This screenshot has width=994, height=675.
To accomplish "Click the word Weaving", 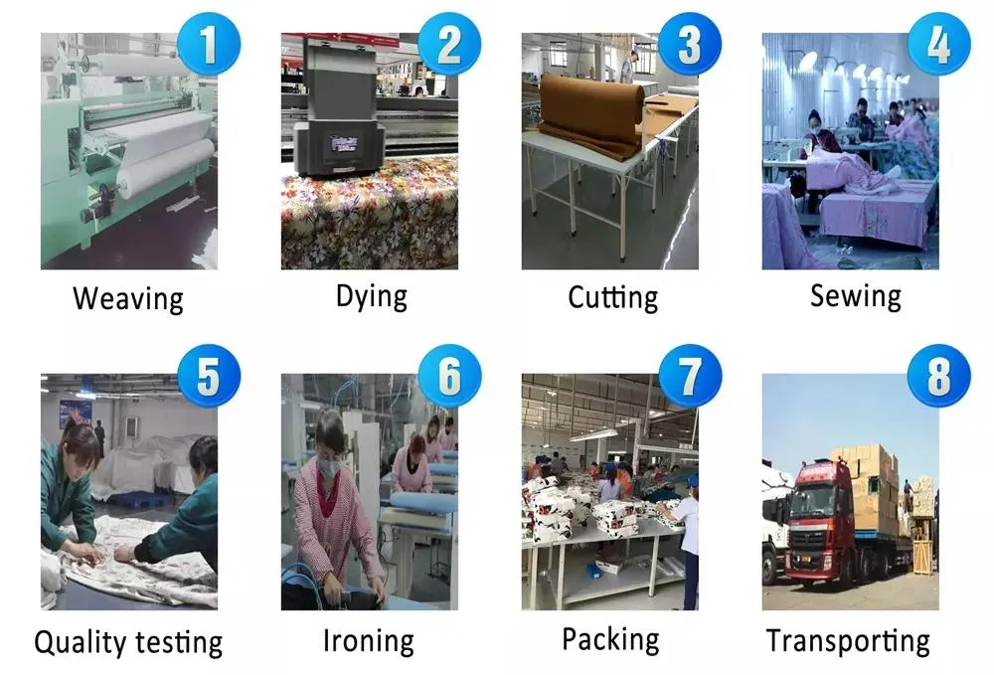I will pos(128,299).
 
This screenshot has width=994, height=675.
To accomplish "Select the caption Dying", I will pos(371,295).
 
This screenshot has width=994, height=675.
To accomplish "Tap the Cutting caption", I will pos(612,297).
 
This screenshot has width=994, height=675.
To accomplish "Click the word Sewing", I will pos(855,295).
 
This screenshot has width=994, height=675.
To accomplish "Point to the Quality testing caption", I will pos(128,642).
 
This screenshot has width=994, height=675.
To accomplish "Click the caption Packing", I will pos(610,639).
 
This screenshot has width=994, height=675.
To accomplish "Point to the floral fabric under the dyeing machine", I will pos(368,219).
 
